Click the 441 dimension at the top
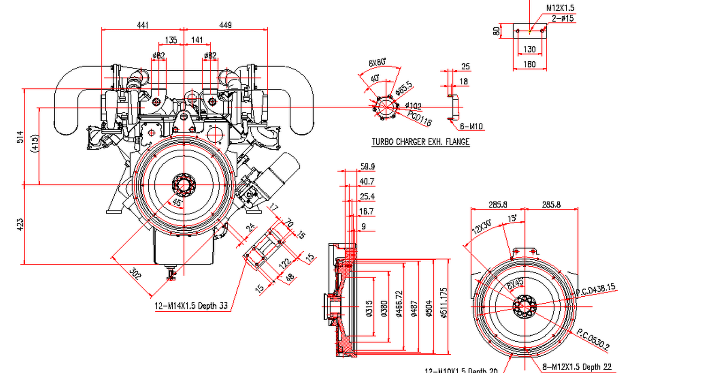click(x=143, y=25)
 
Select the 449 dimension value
click(x=226, y=25)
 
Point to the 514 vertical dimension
click(x=20, y=137)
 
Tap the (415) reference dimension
click(x=34, y=144)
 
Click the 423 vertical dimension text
click(x=20, y=225)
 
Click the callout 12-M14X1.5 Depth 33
click(x=191, y=307)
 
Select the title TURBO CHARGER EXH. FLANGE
click(x=420, y=141)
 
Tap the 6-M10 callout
click(x=471, y=126)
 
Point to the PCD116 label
click(x=419, y=119)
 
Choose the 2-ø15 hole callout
click(x=563, y=18)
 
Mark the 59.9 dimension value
click(x=367, y=167)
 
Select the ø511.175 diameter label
click(x=443, y=303)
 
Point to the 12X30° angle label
click(x=482, y=227)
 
